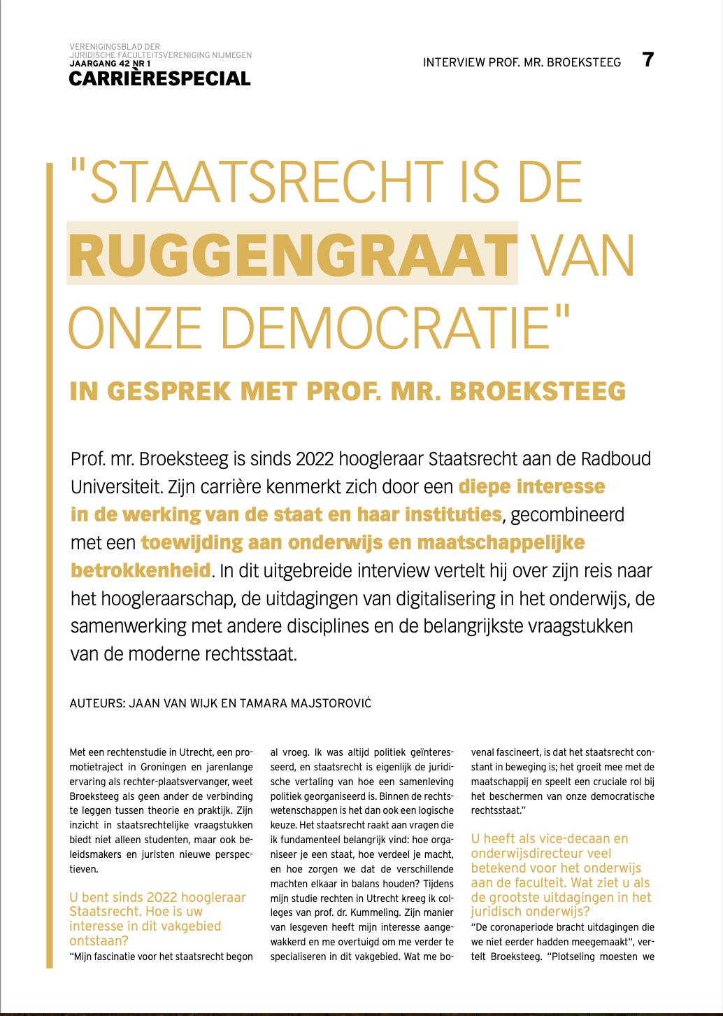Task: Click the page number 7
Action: [x=648, y=59]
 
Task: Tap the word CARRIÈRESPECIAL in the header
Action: [x=159, y=78]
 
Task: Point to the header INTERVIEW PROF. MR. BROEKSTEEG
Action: [x=522, y=62]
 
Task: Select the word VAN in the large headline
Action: [x=583, y=255]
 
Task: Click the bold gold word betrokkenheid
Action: [x=141, y=570]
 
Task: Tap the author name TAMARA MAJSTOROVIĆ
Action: [x=306, y=703]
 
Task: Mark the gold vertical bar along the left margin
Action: [x=49, y=560]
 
